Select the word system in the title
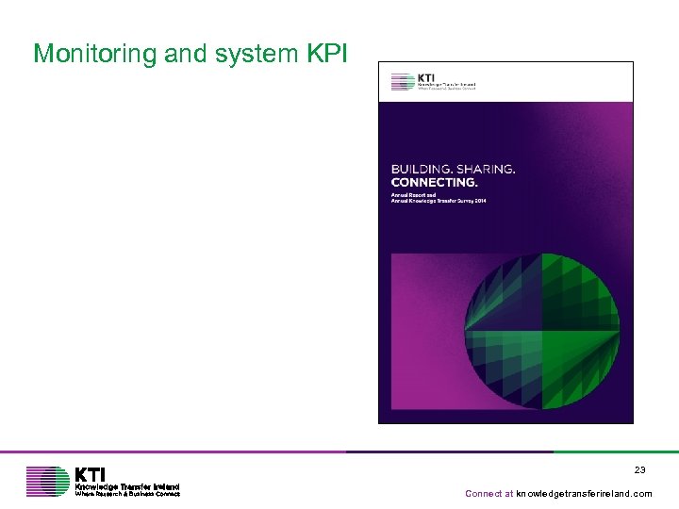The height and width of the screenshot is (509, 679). [252, 54]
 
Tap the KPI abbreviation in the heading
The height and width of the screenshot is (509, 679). [326, 54]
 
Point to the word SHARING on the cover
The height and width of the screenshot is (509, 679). [485, 170]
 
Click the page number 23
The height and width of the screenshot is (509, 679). [639, 469]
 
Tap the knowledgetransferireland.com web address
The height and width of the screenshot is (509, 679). [584, 493]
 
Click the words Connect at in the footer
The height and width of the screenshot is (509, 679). [489, 493]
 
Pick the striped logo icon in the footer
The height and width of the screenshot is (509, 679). [47, 481]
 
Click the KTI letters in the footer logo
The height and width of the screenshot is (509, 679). [91, 473]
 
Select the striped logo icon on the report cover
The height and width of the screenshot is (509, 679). [402, 82]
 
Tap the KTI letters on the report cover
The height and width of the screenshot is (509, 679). [425, 77]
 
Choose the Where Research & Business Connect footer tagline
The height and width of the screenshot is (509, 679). [127, 493]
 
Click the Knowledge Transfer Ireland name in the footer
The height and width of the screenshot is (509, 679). [127, 485]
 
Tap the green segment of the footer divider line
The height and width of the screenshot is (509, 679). [613, 452]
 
